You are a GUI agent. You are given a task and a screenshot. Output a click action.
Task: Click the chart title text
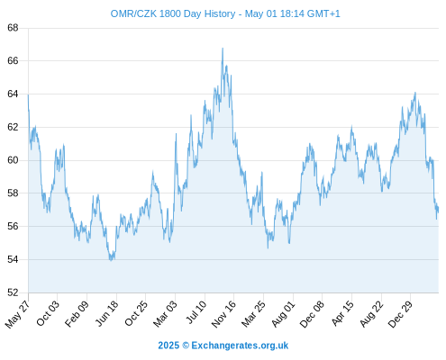click(225, 13)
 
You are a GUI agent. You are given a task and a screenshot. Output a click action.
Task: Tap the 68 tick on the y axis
click(13, 28)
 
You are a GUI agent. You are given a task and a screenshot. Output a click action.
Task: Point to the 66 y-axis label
click(13, 61)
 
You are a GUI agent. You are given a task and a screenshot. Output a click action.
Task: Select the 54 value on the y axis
click(13, 259)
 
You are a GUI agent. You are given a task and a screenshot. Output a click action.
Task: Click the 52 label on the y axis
click(13, 292)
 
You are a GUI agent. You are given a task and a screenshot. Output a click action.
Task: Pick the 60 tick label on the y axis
click(13, 160)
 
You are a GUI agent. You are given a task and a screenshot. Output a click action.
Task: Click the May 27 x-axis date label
click(17, 314)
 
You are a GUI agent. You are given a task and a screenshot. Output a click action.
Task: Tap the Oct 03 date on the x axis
click(48, 313)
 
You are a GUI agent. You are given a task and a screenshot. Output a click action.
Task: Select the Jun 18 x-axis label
click(106, 313)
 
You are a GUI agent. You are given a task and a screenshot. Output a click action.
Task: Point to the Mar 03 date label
click(165, 313)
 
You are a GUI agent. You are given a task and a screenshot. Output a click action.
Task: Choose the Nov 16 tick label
click(223, 314)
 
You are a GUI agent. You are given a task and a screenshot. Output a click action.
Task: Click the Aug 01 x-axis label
click(283, 314)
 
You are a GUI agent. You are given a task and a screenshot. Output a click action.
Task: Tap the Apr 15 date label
click(341, 313)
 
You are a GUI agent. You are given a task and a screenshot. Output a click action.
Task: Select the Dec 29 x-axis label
click(400, 314)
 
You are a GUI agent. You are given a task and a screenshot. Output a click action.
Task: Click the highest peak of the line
click(223, 48)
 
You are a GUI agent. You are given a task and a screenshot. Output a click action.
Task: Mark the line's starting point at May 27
click(28, 95)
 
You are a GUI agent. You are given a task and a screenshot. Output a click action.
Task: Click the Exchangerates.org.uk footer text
click(240, 346)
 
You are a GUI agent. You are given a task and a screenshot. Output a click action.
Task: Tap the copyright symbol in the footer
click(186, 346)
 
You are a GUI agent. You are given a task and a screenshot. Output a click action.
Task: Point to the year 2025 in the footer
click(168, 346)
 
